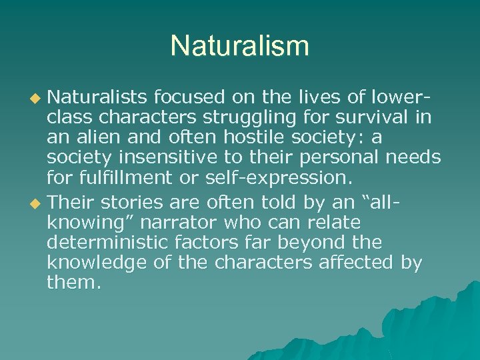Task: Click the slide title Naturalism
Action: point(240,46)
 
